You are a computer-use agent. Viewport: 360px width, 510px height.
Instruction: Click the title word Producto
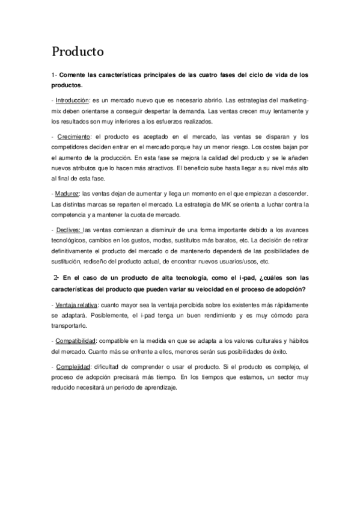coord(78,52)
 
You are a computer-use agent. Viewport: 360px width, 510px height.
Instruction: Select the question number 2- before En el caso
coord(55,277)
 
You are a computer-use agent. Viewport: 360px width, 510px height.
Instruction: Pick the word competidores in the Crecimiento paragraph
coord(73,147)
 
